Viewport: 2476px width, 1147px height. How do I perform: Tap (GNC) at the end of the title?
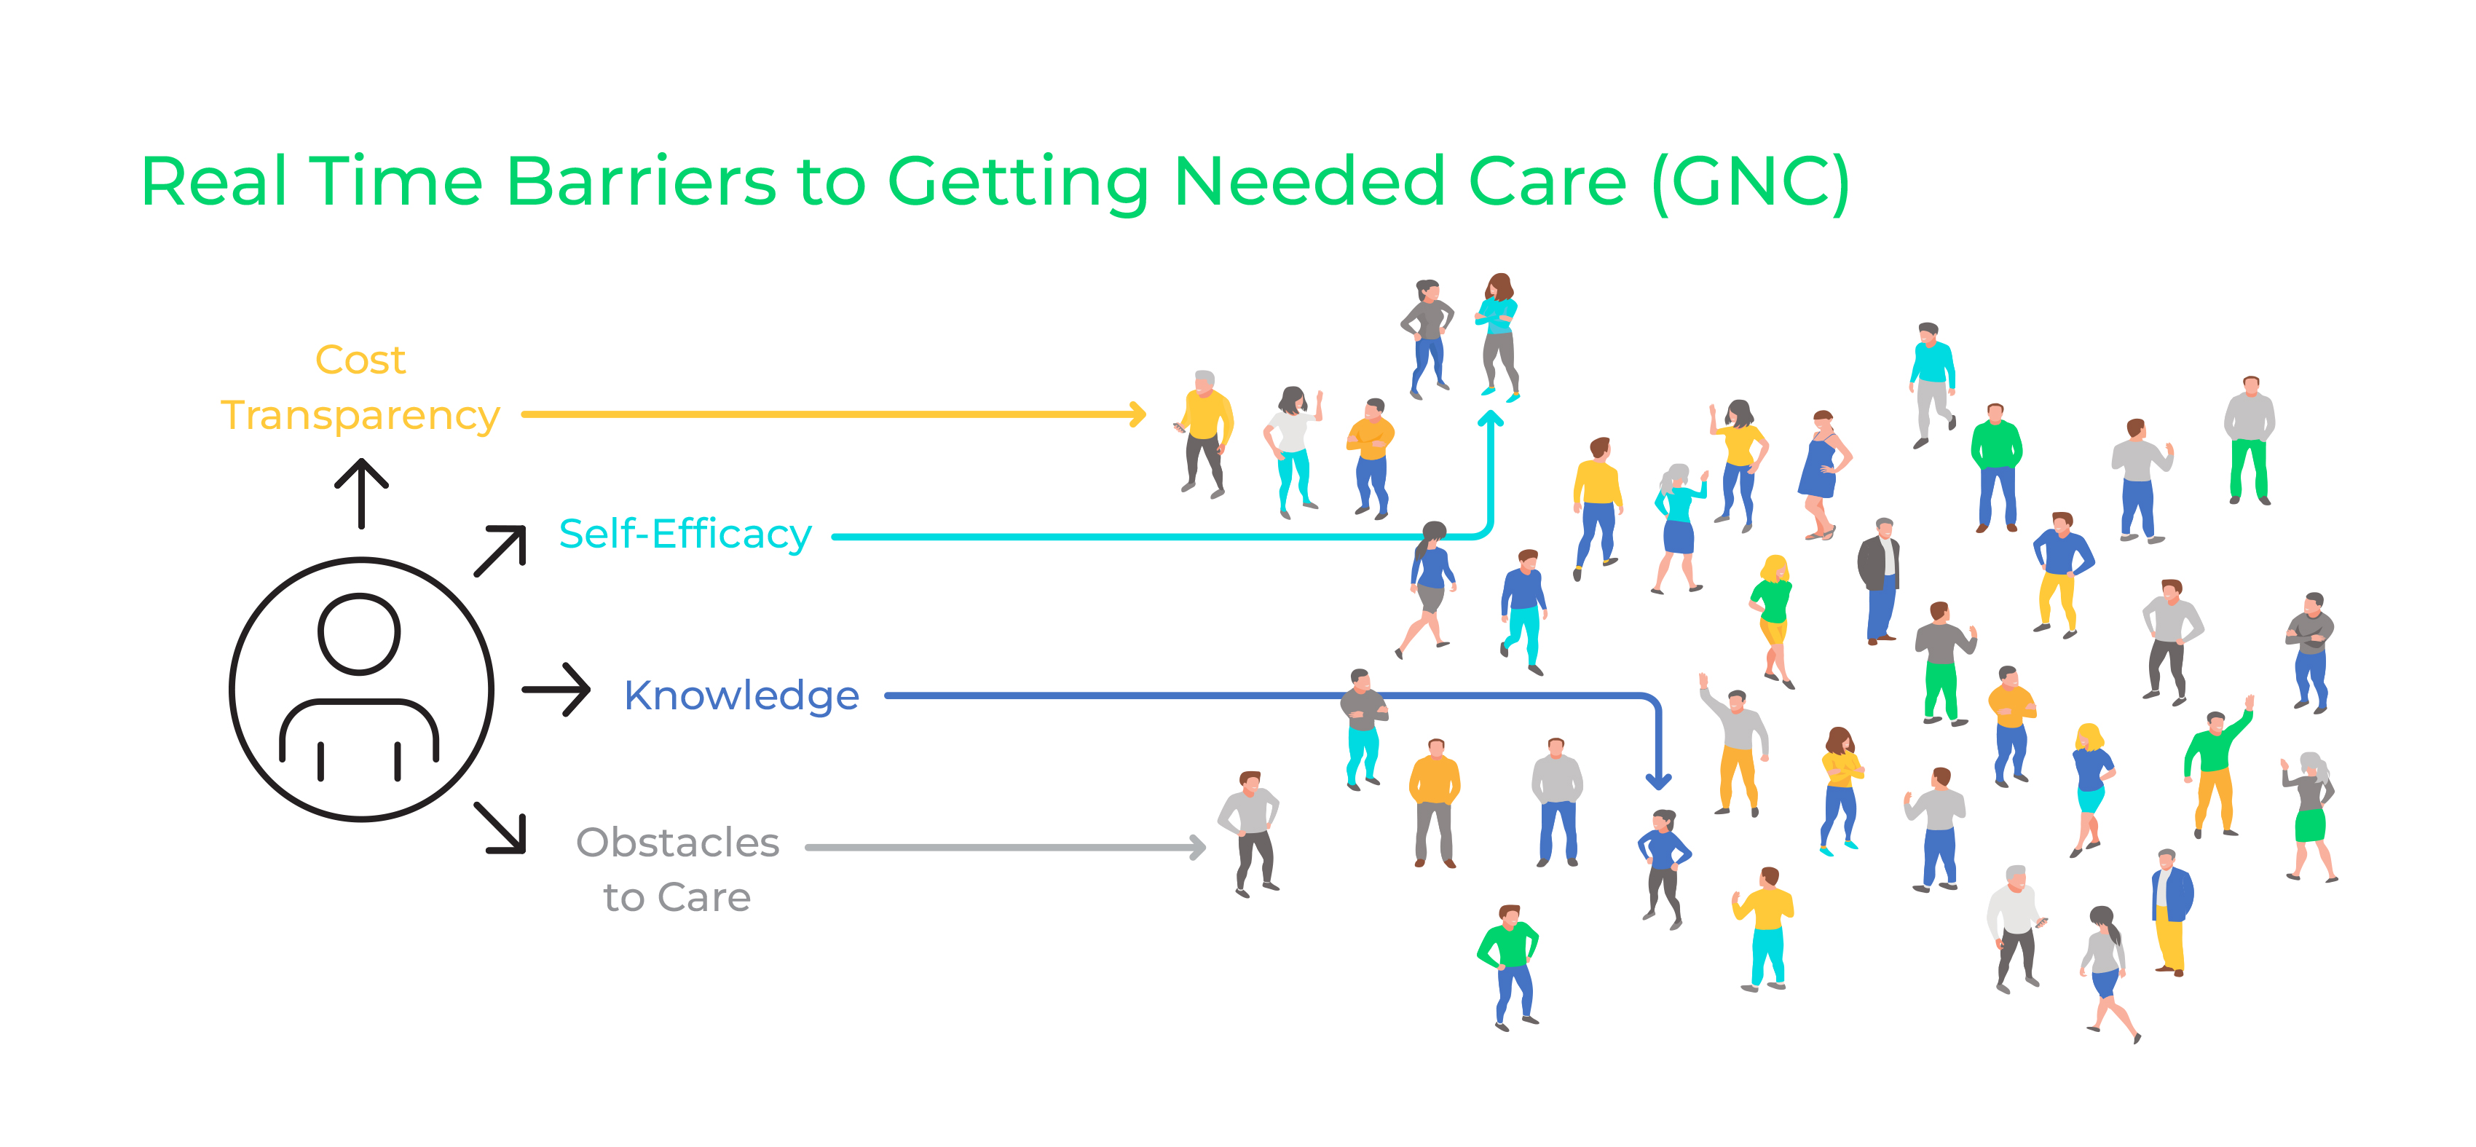pyautogui.click(x=1749, y=183)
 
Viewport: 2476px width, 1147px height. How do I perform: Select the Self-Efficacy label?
pyautogui.click(x=685, y=535)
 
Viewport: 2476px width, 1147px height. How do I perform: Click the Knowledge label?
pyautogui.click(x=741, y=696)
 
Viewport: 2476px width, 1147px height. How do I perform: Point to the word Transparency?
pyautogui.click(x=360, y=417)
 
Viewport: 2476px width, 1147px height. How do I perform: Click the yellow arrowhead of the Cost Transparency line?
pyautogui.click(x=1137, y=414)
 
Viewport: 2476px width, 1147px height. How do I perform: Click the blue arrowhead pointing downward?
pyautogui.click(x=1658, y=781)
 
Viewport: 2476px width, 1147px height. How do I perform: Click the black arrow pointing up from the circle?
pyautogui.click(x=361, y=493)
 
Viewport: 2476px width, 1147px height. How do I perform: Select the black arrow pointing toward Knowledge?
pyautogui.click(x=556, y=690)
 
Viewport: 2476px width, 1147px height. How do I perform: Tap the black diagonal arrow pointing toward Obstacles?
pyautogui.click(x=501, y=828)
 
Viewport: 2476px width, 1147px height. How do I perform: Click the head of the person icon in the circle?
pyautogui.click(x=360, y=634)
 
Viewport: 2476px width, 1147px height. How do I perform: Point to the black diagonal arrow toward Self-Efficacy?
pyautogui.click(x=501, y=551)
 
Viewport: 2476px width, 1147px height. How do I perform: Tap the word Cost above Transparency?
pyautogui.click(x=360, y=360)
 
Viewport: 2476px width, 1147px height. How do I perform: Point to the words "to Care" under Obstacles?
pyautogui.click(x=677, y=898)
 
